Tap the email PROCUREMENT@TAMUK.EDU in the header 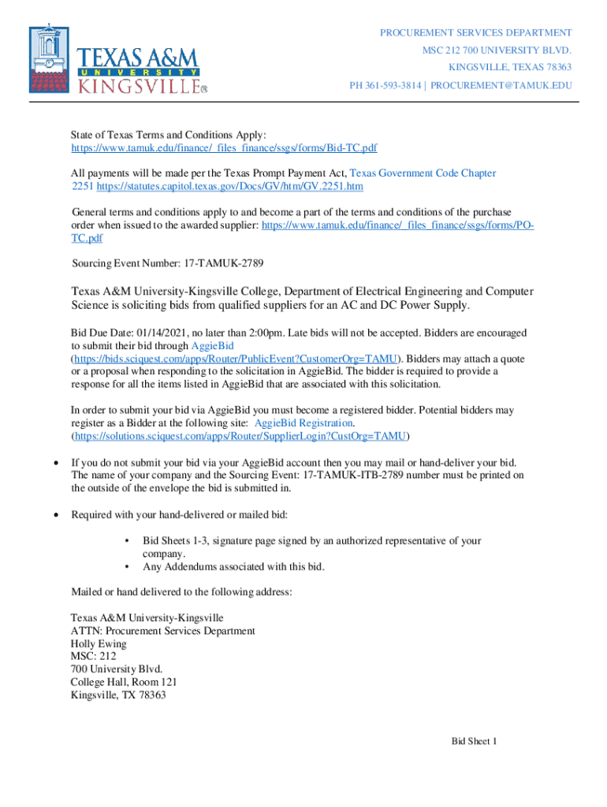point(501,85)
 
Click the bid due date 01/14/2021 point(164,333)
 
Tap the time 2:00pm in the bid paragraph point(270,333)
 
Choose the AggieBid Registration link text point(303,423)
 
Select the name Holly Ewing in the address point(99,644)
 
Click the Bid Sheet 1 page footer point(474,742)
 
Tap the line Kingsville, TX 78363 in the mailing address point(118,695)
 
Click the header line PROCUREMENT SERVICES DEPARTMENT point(476,33)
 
